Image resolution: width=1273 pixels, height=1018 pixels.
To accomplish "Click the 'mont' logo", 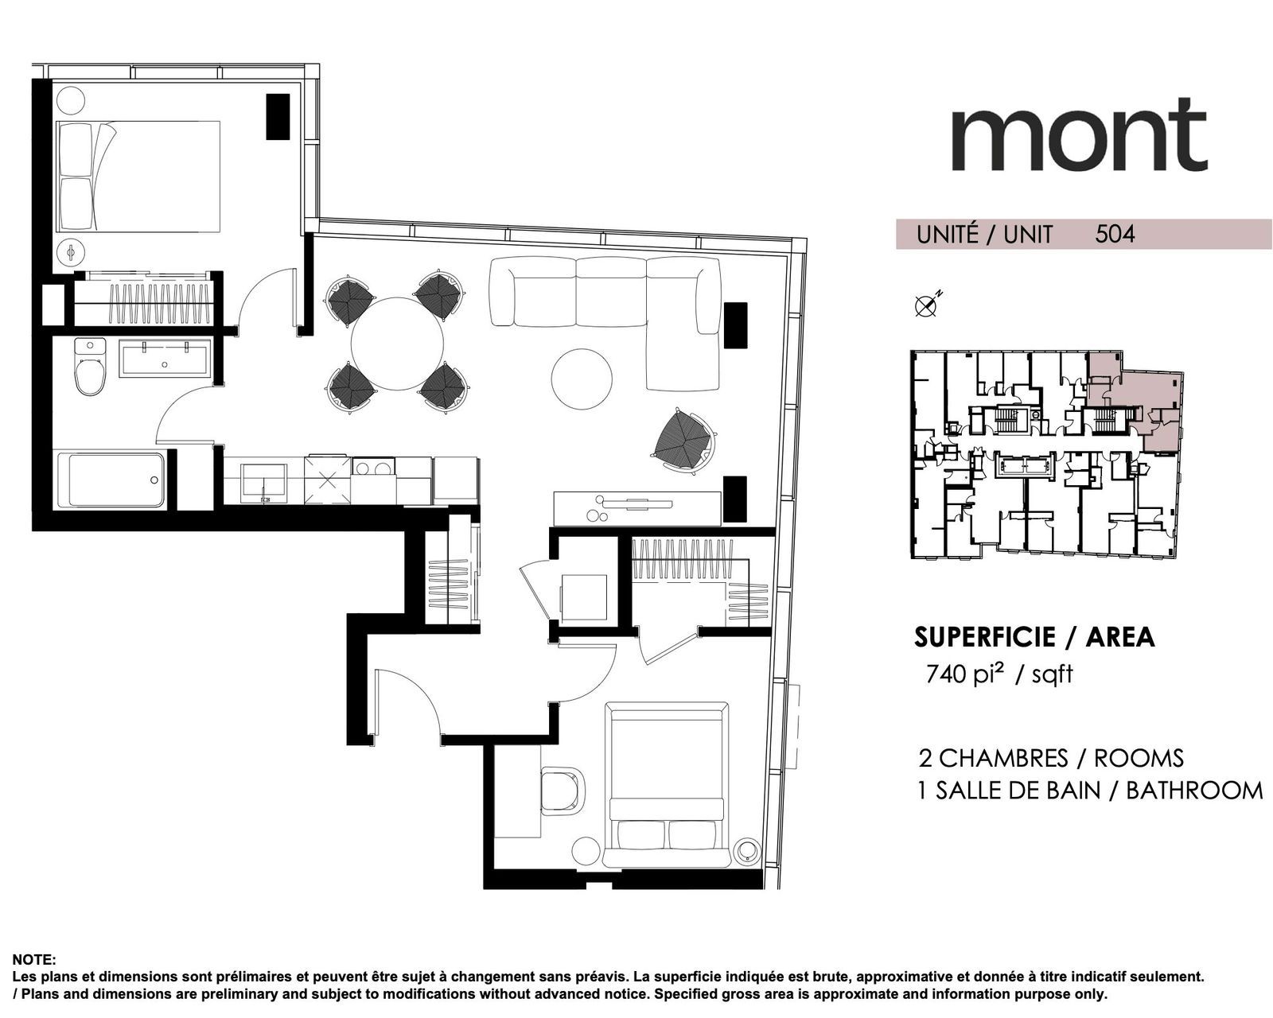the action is pos(1079,135).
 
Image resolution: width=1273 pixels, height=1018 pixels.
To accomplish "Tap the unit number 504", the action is pos(1115,235).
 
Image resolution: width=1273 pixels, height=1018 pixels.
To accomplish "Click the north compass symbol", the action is pos(928,304).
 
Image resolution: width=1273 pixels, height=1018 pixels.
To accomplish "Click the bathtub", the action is pos(116,479).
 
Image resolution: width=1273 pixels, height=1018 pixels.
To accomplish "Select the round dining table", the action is pos(397,344).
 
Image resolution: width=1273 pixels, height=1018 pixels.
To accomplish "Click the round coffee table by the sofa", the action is pos(582,378).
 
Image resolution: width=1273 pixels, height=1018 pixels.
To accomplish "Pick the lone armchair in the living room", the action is pos(685,441).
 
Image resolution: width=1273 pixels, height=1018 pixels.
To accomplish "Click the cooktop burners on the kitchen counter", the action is pos(372,468).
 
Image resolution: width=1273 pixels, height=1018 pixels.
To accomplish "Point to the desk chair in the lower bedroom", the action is pos(562,790).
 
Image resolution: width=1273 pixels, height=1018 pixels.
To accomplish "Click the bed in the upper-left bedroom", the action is pos(138,177).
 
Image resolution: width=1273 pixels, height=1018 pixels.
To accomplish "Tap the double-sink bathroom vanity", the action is pos(165,359).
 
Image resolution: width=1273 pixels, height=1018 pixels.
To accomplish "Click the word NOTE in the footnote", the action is pos(33,959).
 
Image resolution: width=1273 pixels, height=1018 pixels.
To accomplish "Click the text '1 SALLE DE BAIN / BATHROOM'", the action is pos(1090,791).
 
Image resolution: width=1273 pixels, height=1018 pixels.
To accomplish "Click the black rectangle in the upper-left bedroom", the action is pos(278,117).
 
